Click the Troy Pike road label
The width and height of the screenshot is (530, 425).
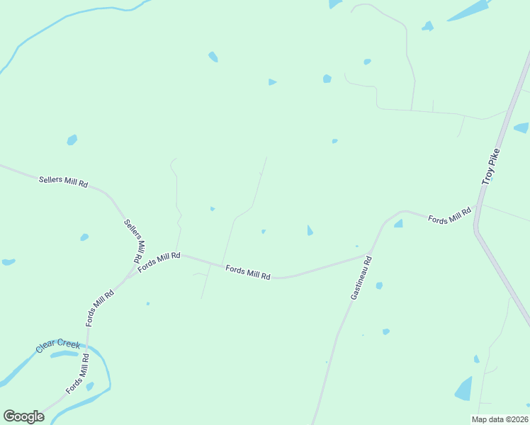point(491,167)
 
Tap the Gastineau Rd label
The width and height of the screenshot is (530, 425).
point(361,278)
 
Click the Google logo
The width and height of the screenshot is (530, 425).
point(23,416)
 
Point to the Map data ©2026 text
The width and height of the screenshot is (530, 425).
point(499,419)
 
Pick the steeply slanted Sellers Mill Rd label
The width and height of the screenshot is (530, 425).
point(135,237)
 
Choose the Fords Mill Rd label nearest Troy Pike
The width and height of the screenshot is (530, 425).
point(449,215)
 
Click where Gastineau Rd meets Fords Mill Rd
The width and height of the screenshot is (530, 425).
point(370,254)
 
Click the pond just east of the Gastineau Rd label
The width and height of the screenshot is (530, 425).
point(379,285)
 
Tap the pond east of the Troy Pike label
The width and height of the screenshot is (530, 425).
point(521,128)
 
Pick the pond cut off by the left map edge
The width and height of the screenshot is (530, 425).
point(8,262)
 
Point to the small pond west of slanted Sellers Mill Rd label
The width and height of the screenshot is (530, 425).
point(84,237)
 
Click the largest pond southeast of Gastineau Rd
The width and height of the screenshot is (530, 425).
point(464,389)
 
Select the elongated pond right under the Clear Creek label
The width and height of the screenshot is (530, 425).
point(65,354)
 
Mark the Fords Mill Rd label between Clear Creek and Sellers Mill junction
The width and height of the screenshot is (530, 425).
point(100,307)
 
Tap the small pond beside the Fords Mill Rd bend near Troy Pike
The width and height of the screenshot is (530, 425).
point(398,224)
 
